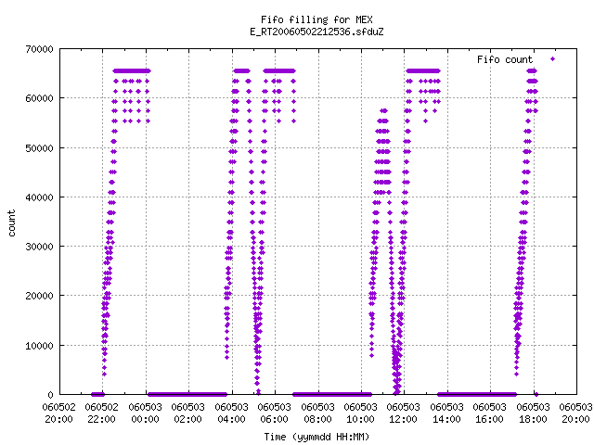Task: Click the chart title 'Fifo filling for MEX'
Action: click(x=316, y=19)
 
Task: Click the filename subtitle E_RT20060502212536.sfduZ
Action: click(x=316, y=32)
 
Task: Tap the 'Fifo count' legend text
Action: click(x=505, y=59)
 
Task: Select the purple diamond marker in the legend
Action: click(x=553, y=58)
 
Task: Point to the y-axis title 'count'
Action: click(x=12, y=223)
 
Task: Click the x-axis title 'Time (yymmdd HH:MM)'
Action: click(x=316, y=437)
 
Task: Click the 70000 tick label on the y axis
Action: click(x=39, y=49)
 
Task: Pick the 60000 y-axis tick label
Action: click(x=39, y=98)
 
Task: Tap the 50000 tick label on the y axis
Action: click(x=39, y=148)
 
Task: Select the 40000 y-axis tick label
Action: click(x=39, y=197)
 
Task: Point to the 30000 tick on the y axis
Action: click(x=39, y=247)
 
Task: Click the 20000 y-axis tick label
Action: click(x=39, y=296)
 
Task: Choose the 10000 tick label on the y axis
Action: click(x=39, y=346)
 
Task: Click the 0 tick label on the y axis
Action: click(x=51, y=395)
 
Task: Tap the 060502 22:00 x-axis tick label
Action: click(x=102, y=413)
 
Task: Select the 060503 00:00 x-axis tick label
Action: click(x=145, y=413)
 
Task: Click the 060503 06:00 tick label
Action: click(x=275, y=413)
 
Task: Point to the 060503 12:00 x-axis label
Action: click(x=404, y=413)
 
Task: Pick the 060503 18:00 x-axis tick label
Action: click(x=534, y=413)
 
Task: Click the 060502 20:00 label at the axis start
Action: click(x=59, y=413)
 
